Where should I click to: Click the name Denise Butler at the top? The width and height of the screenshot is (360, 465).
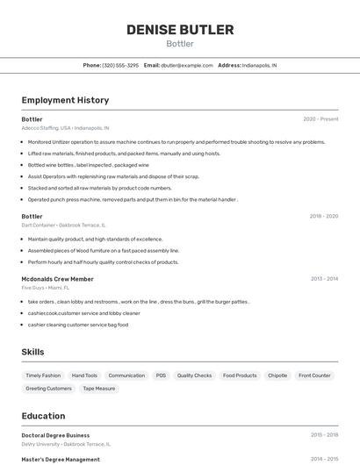tap(180, 30)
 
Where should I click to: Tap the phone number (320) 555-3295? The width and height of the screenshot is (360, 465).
tap(120, 65)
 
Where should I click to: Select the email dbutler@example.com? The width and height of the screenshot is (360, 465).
tap(186, 65)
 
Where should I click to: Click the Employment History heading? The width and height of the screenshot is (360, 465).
tap(65, 100)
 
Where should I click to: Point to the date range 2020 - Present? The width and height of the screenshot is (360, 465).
tap(320, 119)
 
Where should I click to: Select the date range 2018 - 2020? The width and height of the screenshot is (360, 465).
tap(323, 216)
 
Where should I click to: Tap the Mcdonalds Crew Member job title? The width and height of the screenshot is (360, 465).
tap(57, 279)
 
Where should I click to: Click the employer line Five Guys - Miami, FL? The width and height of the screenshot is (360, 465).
tap(46, 288)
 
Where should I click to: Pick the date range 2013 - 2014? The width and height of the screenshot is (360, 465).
tap(324, 279)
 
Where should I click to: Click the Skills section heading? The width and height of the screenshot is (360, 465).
tap(33, 352)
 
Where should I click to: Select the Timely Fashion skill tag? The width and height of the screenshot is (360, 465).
tap(43, 376)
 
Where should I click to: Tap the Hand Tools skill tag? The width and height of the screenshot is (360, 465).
tap(84, 376)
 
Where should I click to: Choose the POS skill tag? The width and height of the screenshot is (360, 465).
tap(161, 376)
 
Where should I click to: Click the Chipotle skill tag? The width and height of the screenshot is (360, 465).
tap(277, 376)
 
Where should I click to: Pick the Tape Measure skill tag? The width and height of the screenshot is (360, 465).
tap(98, 388)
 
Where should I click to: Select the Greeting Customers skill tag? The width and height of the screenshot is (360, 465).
tap(48, 388)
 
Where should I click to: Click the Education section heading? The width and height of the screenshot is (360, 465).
tap(43, 416)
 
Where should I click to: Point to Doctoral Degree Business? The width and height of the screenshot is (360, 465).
tap(55, 435)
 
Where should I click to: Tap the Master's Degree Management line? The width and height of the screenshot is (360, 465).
tap(61, 459)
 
